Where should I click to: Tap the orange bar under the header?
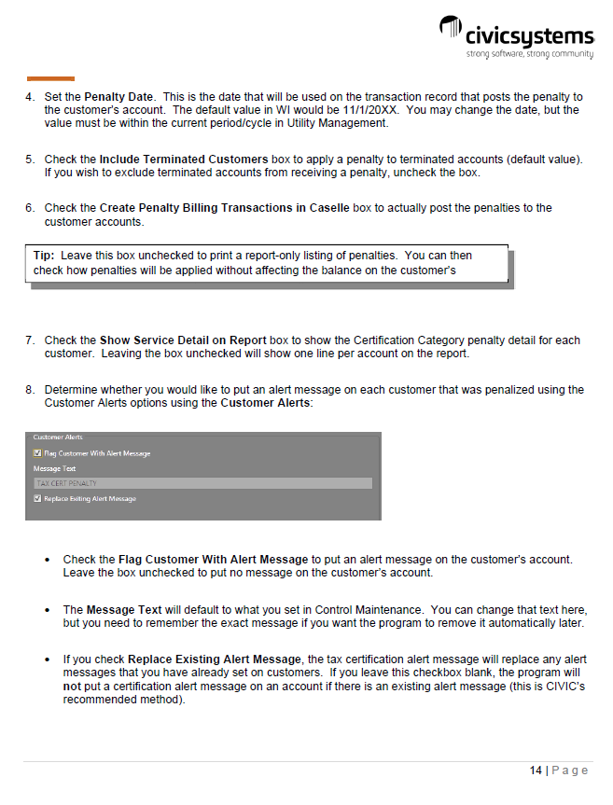pos(50,78)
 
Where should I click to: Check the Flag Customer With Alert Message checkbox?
pos(37,453)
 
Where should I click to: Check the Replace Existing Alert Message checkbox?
pos(37,499)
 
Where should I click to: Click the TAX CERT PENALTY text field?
pos(202,483)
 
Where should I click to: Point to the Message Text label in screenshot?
pos(54,468)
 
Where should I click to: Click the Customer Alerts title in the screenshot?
pos(58,437)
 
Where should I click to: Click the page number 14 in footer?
pos(536,770)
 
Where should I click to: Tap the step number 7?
pos(30,340)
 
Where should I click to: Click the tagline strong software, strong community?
pos(529,54)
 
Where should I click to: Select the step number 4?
pos(30,97)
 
